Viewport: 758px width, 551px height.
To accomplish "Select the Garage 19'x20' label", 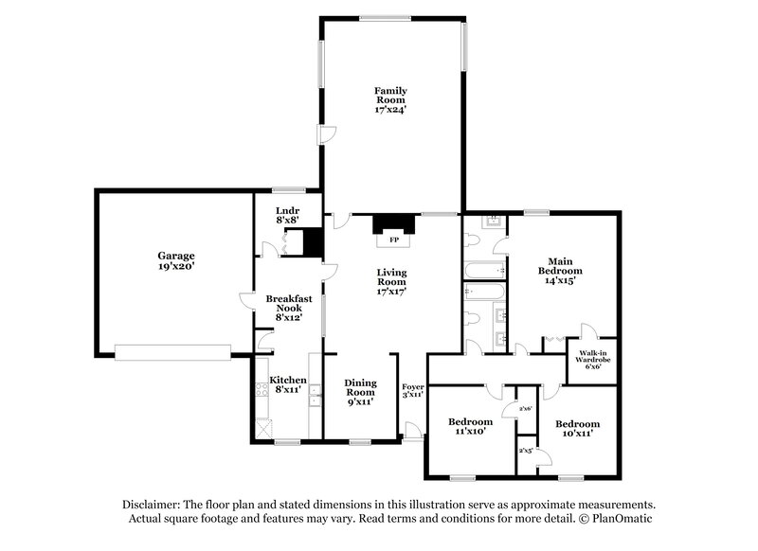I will pyautogui.click(x=176, y=261).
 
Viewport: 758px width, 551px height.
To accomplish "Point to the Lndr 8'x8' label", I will pyautogui.click(x=287, y=215).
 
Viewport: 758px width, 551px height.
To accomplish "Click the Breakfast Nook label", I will pyautogui.click(x=283, y=308).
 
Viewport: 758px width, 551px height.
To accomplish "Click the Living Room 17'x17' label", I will pyautogui.click(x=391, y=283).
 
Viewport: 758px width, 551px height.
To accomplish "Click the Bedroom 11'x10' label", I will pyautogui.click(x=471, y=426).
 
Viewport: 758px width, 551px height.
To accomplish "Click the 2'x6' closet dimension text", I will pyautogui.click(x=512, y=409).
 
